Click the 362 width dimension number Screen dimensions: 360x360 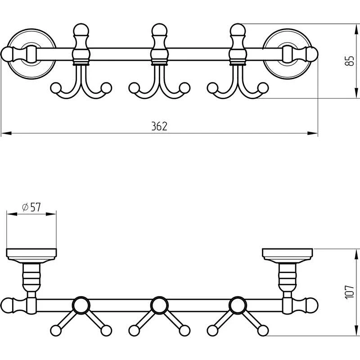(x=159, y=126)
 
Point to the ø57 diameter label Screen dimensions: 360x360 (x=31, y=207)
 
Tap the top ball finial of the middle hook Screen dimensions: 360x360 (x=160, y=30)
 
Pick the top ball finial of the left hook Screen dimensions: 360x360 (x=81, y=30)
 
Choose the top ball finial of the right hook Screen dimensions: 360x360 (x=238, y=30)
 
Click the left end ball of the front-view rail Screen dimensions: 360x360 (x=7, y=54)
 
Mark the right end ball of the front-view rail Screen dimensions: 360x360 (x=311, y=54)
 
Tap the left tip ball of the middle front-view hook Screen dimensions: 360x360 (x=134, y=88)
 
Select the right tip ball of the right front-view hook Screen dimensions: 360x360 (x=263, y=88)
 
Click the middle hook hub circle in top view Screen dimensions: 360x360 (x=160, y=306)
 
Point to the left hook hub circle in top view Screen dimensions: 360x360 (x=81, y=306)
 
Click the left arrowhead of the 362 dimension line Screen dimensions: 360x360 (x=6, y=133)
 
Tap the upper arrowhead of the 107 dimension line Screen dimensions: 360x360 (x=356, y=254)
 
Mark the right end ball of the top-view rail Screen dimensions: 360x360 (x=311, y=306)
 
